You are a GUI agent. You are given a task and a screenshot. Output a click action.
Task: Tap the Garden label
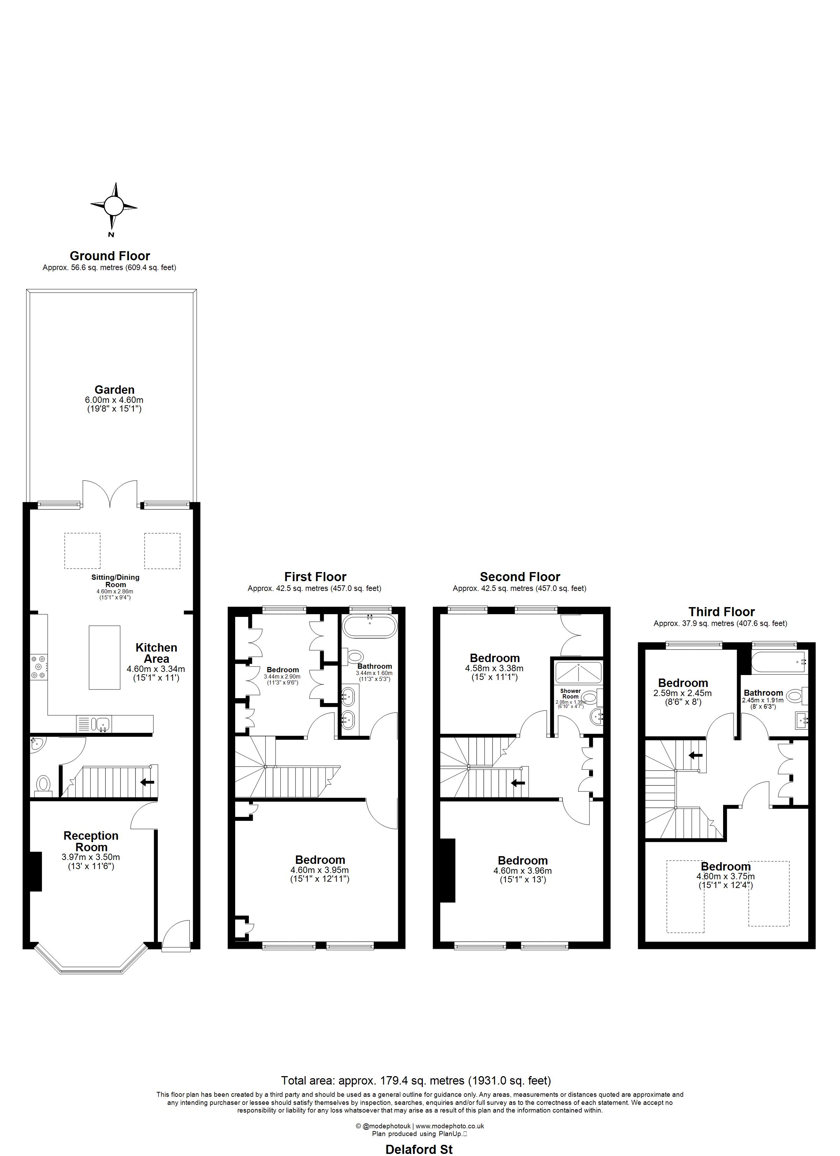114,390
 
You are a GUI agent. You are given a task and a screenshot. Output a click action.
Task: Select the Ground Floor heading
110,256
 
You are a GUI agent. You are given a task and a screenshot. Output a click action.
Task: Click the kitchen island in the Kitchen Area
104,658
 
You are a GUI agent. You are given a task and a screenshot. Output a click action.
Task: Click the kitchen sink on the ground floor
103,723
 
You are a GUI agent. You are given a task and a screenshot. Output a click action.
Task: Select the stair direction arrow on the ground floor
147,782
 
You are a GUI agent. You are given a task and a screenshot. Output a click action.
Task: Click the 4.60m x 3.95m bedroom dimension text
320,870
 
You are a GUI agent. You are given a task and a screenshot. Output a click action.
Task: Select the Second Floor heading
520,577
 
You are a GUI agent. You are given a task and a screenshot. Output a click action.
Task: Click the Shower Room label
570,694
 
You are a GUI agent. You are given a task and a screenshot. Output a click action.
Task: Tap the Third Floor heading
721,612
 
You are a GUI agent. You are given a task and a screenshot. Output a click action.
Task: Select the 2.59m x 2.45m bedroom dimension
682,693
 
